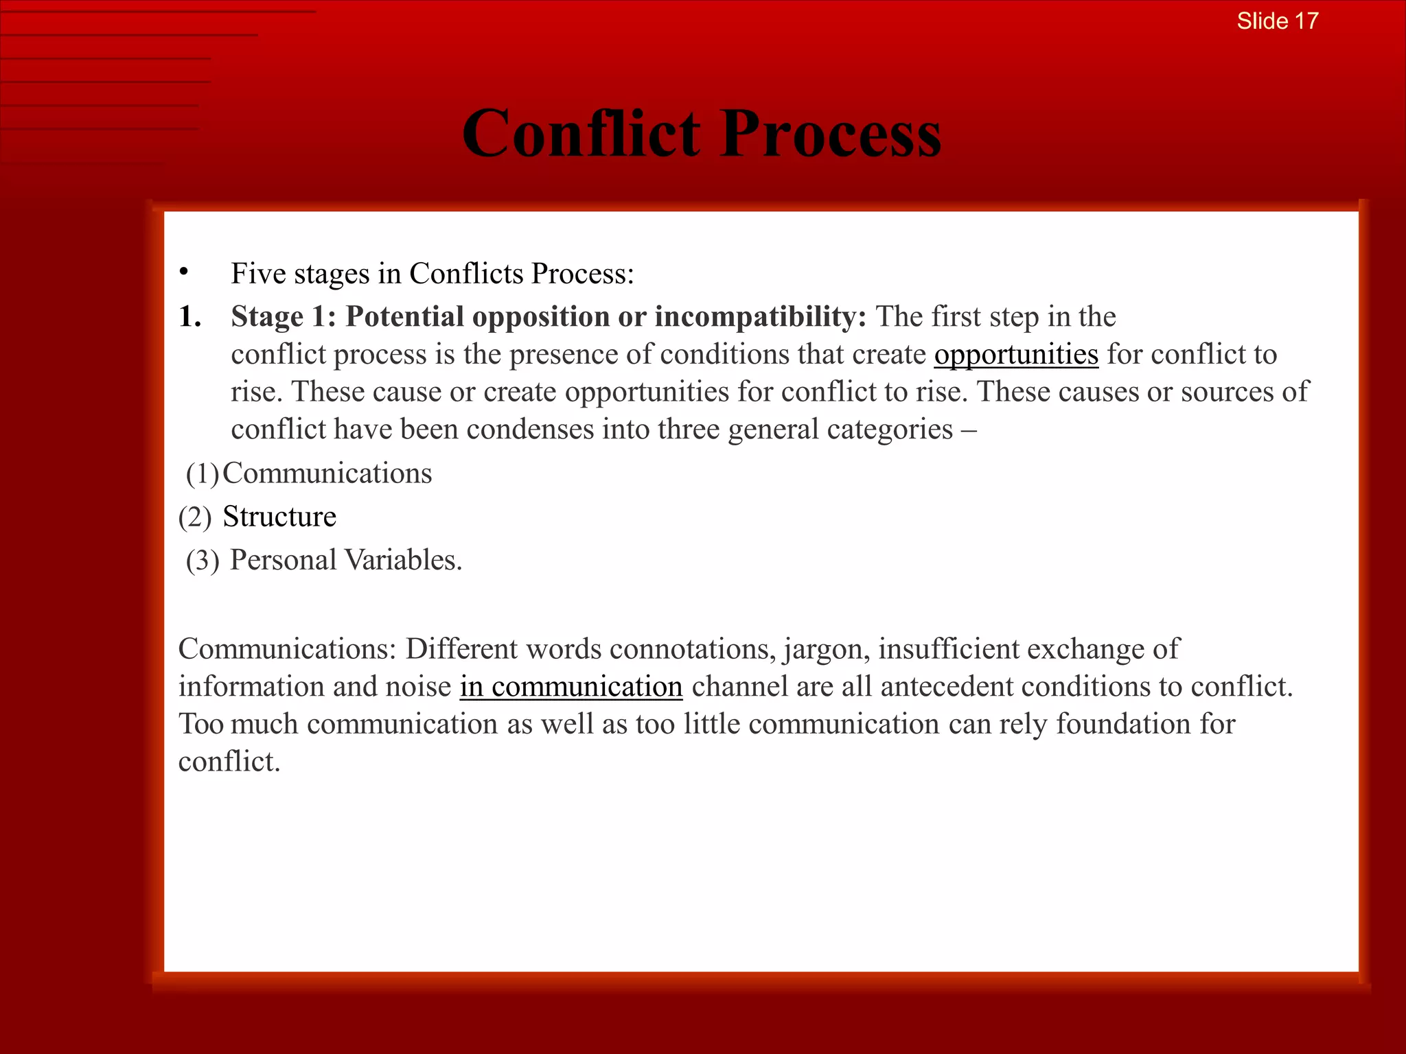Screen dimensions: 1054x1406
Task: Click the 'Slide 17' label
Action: [x=1277, y=21]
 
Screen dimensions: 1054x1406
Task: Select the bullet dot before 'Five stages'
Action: [x=183, y=272]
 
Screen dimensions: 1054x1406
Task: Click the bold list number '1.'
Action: [x=190, y=316]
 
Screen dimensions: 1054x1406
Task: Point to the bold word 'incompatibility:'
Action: [x=760, y=316]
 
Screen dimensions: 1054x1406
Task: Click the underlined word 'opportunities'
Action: [x=1016, y=354]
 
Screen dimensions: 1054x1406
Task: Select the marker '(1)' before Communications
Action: [x=203, y=473]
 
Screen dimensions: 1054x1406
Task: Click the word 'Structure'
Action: [x=279, y=517]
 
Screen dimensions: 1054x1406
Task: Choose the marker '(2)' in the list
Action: [x=195, y=517]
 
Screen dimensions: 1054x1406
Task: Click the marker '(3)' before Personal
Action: [x=203, y=560]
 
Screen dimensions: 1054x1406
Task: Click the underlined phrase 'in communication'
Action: [x=571, y=687]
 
